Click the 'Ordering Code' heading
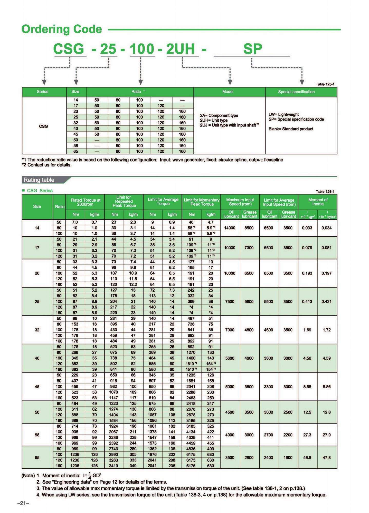coord(62,29)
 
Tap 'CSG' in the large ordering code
coord(69,49)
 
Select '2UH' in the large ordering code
coord(180,49)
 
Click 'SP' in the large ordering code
coord(252,49)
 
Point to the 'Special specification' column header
coord(296,92)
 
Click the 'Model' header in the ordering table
coord(228,92)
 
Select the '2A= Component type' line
coord(219,115)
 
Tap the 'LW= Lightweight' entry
coord(283,114)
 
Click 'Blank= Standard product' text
coord(291,129)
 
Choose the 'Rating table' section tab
coord(39,180)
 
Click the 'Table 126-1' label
coord(325,192)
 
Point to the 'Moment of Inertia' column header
coord(318,202)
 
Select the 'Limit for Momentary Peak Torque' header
coord(202,202)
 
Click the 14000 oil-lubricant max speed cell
coord(230,228)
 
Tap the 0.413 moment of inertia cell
coord(307,301)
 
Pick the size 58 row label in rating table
coord(37,435)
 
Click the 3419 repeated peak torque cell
coord(113,466)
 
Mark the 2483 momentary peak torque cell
coord(191,398)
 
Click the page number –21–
coord(23,503)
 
